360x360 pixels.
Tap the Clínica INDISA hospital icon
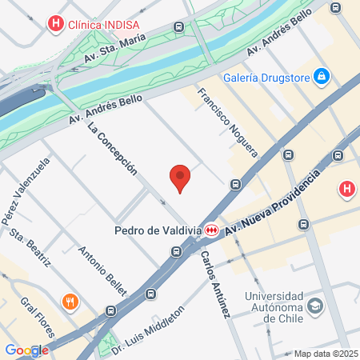tap(55, 23)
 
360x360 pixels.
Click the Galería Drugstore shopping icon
tap(322, 76)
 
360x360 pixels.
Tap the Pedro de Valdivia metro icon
tap(212, 230)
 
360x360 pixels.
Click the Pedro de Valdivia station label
tap(158, 230)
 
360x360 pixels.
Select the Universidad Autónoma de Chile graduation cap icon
tap(317, 306)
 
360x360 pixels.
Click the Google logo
tap(26, 350)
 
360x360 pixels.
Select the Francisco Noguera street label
tap(227, 122)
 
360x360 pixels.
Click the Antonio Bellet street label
tap(99, 269)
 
